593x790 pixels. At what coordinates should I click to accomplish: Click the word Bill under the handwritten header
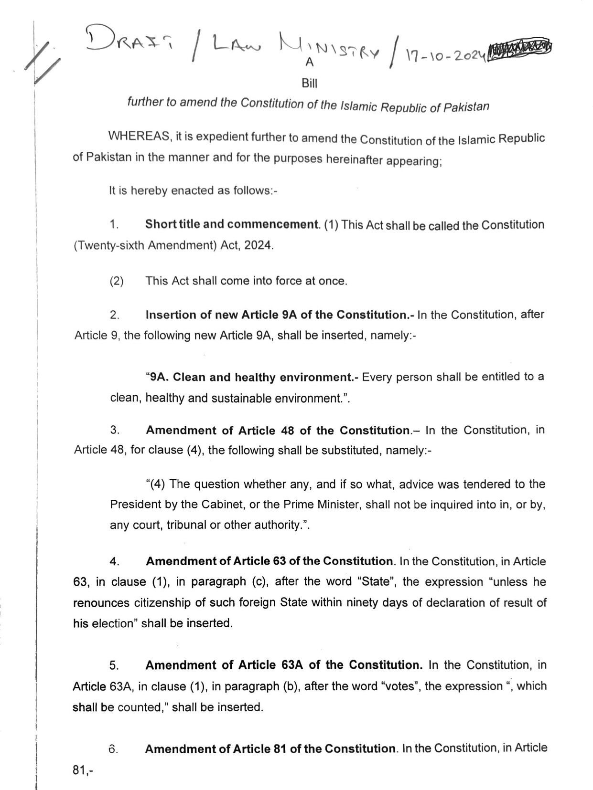click(x=310, y=84)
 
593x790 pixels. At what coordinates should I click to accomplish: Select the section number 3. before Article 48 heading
click(x=115, y=430)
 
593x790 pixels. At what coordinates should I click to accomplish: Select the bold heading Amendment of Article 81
click(x=270, y=748)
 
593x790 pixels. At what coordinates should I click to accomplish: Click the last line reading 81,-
click(x=82, y=770)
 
